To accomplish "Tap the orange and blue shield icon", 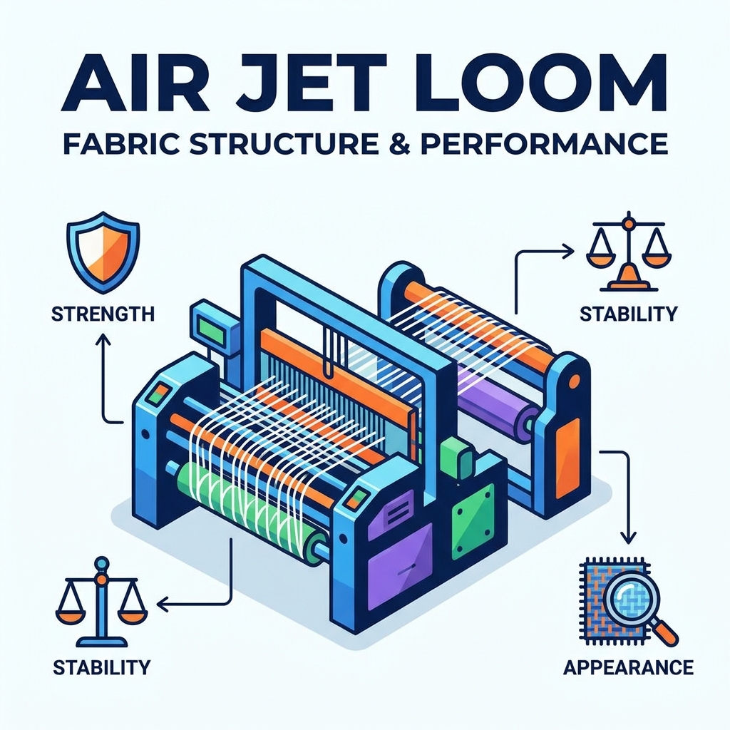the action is pyautogui.click(x=103, y=252).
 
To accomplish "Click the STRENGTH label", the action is pyautogui.click(x=103, y=314).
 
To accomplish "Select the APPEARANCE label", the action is pyautogui.click(x=629, y=667).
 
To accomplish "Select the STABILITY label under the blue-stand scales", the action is pyautogui.click(x=101, y=667).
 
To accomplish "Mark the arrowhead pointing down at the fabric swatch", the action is pyautogui.click(x=629, y=538).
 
